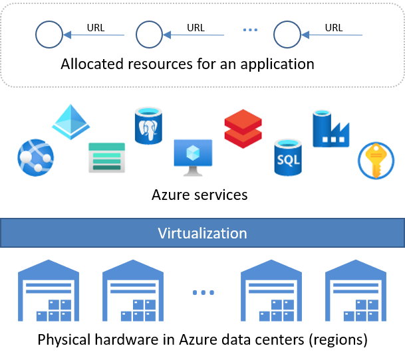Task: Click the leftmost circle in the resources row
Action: tap(49, 34)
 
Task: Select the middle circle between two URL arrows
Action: tap(150, 34)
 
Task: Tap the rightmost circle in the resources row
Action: tap(287, 34)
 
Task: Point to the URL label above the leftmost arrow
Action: tap(96, 28)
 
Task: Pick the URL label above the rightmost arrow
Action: tap(334, 28)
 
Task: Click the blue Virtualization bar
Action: tap(202, 233)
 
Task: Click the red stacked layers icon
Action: tap(243, 129)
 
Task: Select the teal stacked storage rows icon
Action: tap(106, 158)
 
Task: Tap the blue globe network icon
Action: tap(35, 157)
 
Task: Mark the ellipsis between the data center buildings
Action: tap(202, 293)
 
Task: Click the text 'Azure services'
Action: tap(200, 195)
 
